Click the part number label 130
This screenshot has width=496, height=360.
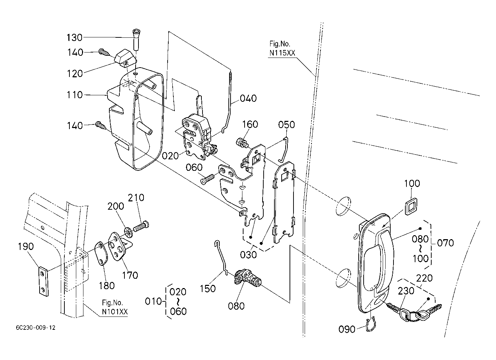(74, 37)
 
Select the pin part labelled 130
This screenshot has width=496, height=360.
(136, 40)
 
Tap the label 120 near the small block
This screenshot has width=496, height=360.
(75, 73)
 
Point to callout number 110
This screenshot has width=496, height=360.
(75, 95)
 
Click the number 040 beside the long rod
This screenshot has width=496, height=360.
(248, 98)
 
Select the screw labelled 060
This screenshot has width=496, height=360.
(208, 179)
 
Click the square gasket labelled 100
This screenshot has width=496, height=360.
(411, 206)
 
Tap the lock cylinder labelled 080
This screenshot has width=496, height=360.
(247, 278)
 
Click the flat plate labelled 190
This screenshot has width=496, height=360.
(44, 282)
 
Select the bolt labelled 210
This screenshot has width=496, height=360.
(141, 226)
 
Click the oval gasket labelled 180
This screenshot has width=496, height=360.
(101, 254)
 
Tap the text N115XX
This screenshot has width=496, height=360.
(282, 53)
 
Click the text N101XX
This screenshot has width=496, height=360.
(115, 312)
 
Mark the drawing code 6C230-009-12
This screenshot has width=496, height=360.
(36, 328)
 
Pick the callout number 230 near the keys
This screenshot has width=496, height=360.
(406, 291)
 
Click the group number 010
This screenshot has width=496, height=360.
(153, 301)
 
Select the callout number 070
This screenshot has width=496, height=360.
(446, 243)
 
